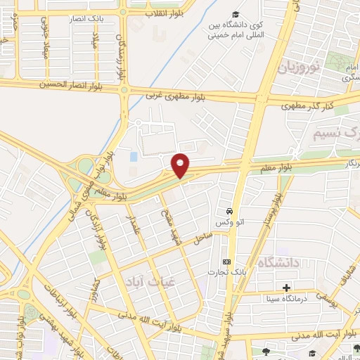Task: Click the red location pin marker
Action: (x=181, y=165)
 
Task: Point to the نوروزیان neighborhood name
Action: (x=297, y=68)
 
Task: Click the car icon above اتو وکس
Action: (x=229, y=211)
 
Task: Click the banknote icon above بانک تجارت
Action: (x=226, y=261)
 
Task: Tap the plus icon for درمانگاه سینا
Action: (x=286, y=288)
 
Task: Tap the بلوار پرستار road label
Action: (x=269, y=211)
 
